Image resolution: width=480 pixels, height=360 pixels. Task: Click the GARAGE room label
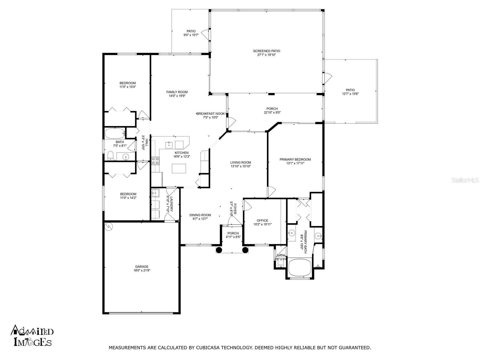[142, 266]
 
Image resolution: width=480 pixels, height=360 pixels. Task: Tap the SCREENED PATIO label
[266, 51]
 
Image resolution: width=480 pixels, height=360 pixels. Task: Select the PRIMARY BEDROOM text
[295, 159]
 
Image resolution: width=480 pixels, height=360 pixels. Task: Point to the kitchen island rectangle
[179, 168]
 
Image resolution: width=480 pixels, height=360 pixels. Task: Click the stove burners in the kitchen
[155, 161]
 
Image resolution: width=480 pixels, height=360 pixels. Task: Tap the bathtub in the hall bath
[115, 133]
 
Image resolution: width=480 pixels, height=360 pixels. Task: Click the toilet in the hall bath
[111, 155]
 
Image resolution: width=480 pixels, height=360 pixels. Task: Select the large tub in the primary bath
[299, 268]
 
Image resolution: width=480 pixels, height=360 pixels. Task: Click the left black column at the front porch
[219, 250]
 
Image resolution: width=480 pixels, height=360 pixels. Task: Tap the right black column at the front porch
[245, 250]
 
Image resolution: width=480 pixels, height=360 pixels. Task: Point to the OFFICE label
[262, 220]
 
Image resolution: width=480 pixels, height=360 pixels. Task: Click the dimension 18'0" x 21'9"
[142, 270]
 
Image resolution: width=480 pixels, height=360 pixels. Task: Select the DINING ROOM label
[200, 215]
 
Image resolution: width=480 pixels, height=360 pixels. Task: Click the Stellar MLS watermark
[465, 180]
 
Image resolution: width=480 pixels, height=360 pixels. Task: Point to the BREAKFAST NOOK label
[211, 113]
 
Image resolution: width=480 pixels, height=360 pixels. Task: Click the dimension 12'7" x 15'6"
[350, 94]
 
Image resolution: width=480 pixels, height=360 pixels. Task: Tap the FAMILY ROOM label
[177, 92]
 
